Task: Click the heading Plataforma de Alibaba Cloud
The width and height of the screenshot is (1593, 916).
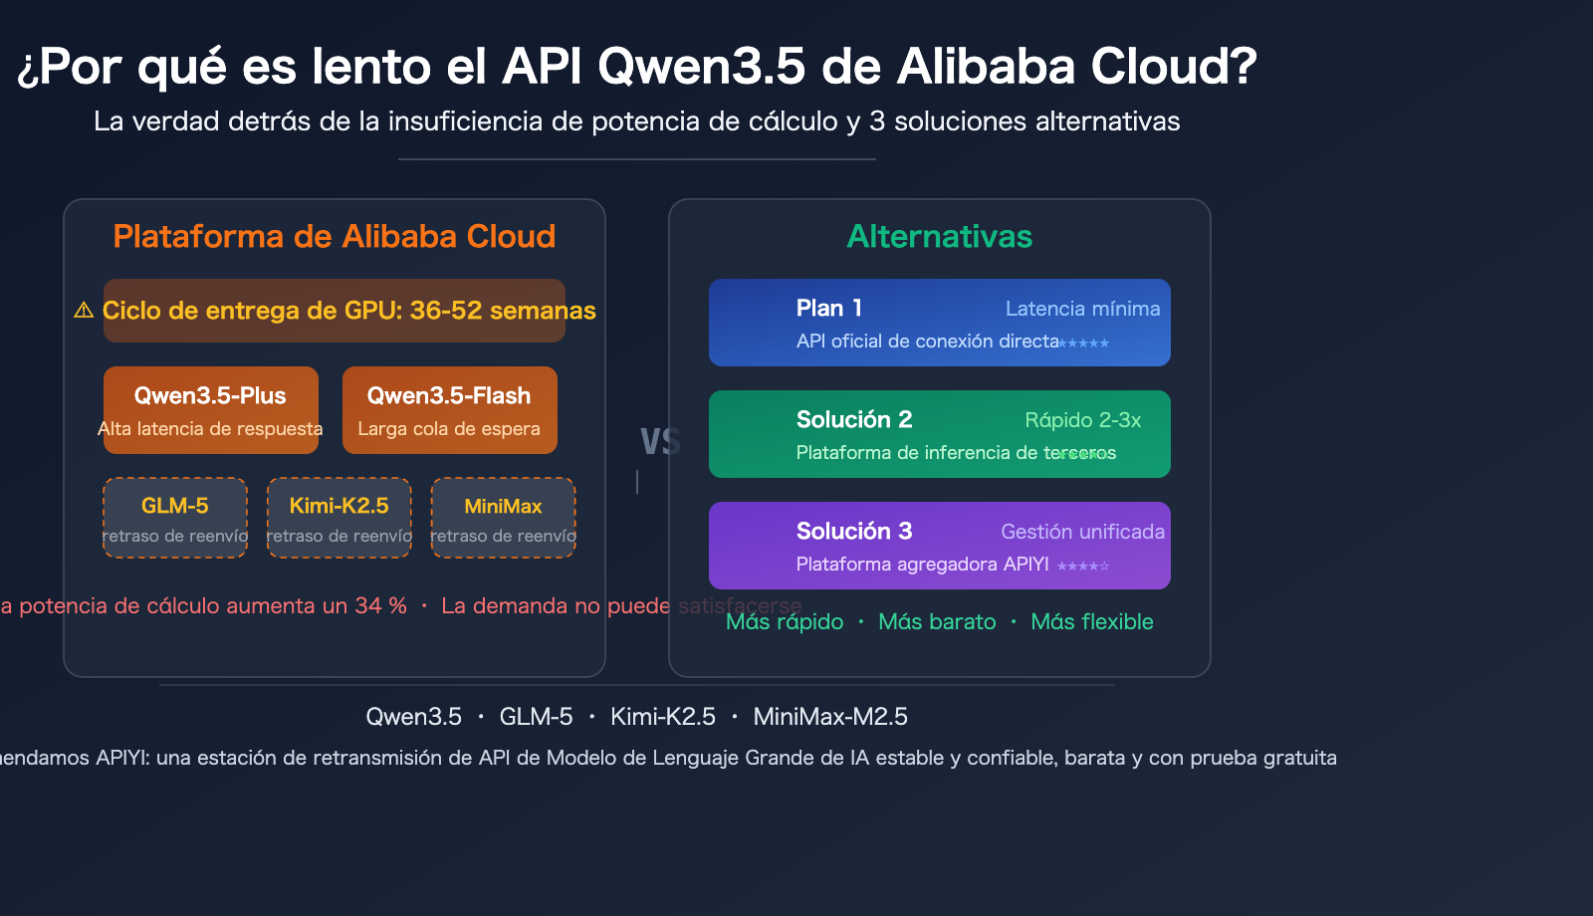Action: (x=334, y=237)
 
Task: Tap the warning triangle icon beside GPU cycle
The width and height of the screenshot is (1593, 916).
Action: (x=84, y=311)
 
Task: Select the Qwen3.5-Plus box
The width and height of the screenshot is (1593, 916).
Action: (x=210, y=409)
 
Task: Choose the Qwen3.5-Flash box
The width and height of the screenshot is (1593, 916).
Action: (x=449, y=409)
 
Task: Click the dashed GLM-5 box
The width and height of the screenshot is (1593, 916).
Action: (x=175, y=518)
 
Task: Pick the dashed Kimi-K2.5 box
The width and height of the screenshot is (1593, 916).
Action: (x=339, y=518)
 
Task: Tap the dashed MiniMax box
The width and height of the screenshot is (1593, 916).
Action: (x=503, y=518)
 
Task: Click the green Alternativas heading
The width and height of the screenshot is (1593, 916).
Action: (x=939, y=237)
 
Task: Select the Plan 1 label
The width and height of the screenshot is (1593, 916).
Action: (x=828, y=309)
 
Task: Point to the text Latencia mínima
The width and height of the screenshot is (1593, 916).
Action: (x=1082, y=309)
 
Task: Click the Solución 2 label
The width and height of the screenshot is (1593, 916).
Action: (x=853, y=420)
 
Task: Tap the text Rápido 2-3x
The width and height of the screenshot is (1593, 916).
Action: (x=1082, y=420)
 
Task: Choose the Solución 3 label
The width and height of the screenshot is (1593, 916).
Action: (x=853, y=532)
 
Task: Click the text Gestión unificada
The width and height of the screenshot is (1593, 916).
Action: (x=1082, y=532)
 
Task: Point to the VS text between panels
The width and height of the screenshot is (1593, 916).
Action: (x=659, y=442)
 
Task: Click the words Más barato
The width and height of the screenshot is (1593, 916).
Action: (x=937, y=622)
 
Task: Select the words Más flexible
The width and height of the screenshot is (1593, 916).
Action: (x=1091, y=622)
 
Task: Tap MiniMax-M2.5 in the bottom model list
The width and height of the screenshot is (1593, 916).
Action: (x=830, y=717)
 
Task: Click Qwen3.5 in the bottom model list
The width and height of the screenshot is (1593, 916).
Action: (x=413, y=717)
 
